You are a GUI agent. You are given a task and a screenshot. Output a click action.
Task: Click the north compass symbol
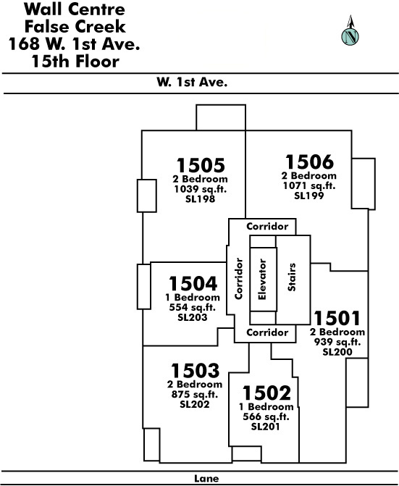coord(350,31)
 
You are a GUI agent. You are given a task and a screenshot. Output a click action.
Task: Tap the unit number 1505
coord(201,165)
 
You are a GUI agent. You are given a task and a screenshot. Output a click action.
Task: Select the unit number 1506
coord(309,162)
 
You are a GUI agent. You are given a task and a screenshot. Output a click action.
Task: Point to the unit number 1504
coord(193,284)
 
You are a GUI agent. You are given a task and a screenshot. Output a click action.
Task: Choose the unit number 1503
coord(196,371)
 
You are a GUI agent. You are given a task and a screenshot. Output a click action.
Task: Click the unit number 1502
coord(266,393)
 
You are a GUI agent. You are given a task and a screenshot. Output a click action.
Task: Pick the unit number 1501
coord(337,318)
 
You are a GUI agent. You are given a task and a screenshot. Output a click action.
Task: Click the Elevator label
coord(262,280)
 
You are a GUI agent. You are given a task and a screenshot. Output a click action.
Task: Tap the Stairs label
coord(292,277)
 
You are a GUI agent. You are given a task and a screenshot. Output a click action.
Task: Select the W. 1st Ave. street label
coord(192,82)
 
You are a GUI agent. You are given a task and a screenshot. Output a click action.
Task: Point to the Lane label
coord(206,478)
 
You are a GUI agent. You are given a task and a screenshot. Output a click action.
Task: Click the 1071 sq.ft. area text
coord(309,185)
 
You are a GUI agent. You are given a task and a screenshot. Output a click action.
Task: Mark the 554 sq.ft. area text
coord(193,308)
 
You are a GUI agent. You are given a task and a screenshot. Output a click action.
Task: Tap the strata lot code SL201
coord(266,427)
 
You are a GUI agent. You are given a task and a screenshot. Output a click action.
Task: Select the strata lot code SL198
coord(200,198)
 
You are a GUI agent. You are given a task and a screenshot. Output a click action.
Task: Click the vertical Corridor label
coord(238,279)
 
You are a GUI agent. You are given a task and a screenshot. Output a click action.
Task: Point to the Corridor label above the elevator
coord(267,226)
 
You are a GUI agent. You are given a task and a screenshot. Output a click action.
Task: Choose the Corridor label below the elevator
coord(267,332)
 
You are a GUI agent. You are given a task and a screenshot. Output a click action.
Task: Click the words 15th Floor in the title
coord(75,61)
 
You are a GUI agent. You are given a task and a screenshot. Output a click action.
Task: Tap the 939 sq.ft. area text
coord(337,342)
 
